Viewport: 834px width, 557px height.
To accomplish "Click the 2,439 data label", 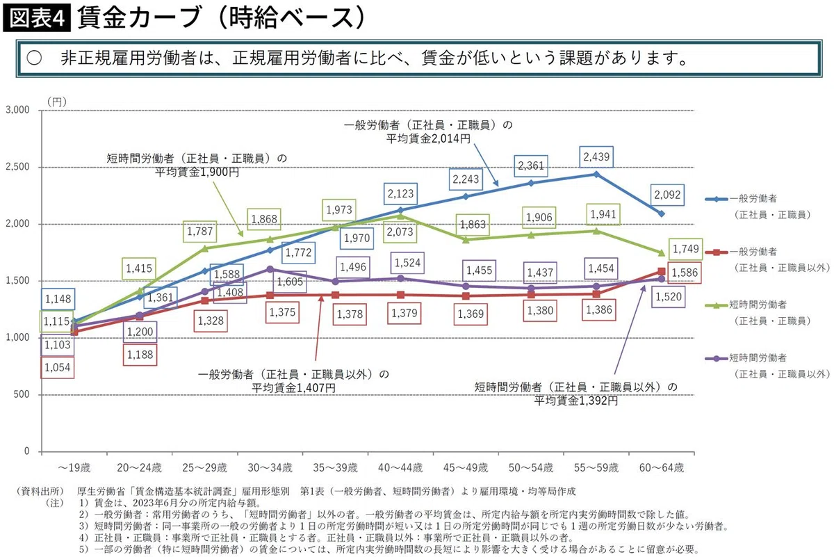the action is pos(596,157).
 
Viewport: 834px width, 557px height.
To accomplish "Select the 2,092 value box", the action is pos(667,195).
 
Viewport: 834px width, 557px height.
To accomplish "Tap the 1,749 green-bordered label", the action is pos(685,249).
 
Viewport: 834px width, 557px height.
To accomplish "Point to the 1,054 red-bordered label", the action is pos(57,368).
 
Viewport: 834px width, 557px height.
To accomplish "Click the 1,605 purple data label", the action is pos(290,282).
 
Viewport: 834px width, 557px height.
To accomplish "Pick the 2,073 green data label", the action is pos(400,232).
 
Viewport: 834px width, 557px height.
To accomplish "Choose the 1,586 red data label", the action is pos(685,273).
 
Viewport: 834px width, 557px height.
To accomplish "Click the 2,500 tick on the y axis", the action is pos(17,167).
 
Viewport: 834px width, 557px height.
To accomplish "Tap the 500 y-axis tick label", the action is pos(22,394).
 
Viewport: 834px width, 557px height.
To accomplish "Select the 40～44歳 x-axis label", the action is pos(400,467).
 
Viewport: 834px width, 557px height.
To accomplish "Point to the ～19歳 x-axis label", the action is pos(74,467).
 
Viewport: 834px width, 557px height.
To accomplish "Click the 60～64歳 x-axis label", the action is pos(662,467).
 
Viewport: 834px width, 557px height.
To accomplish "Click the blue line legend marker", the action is pos(716,200).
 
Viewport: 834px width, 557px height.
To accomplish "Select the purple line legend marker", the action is pos(716,359).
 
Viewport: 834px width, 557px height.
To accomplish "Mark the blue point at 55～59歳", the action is pos(596,175).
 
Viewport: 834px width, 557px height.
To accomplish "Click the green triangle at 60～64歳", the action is pos(662,253).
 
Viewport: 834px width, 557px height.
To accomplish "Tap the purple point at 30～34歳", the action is pos(270,269).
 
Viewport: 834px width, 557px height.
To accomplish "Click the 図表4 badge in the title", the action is pos(37,18).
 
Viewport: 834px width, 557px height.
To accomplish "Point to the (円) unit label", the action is pos(57,102).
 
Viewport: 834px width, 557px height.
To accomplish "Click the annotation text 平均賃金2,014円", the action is pos(428,139).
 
